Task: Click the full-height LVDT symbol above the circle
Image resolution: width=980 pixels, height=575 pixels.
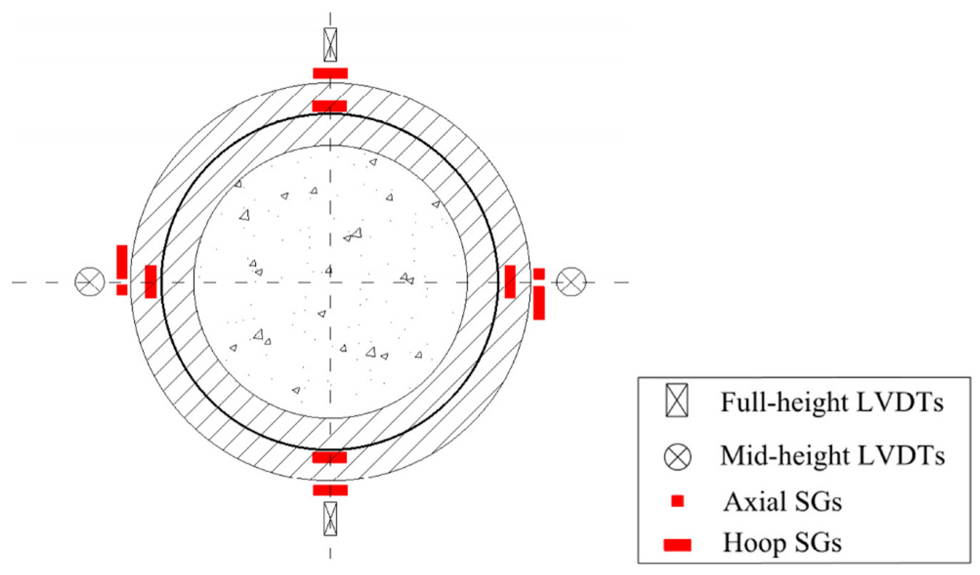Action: [x=330, y=45]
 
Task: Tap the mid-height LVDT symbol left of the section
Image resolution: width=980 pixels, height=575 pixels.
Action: [x=90, y=282]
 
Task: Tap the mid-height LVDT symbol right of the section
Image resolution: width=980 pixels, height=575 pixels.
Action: [x=571, y=282]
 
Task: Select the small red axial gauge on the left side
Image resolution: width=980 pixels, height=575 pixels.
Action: [x=122, y=290]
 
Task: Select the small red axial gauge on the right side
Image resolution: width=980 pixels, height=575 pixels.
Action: [x=539, y=274]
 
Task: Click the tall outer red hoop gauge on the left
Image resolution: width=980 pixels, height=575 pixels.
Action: [x=122, y=262]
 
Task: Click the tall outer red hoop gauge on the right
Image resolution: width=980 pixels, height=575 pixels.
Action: [x=539, y=303]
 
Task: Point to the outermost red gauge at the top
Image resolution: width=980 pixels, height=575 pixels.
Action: [x=330, y=73]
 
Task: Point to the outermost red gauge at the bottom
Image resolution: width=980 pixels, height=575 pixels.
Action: [x=330, y=490]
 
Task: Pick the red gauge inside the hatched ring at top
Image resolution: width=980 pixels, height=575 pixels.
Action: [x=330, y=106]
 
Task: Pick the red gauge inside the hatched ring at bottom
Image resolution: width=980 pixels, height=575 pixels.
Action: [x=330, y=457]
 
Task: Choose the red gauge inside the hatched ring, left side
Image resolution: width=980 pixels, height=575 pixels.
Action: [x=150, y=281]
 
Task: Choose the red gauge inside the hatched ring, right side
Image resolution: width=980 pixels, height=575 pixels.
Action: [x=510, y=281]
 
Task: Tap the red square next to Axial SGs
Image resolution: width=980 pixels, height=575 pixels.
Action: [x=677, y=501]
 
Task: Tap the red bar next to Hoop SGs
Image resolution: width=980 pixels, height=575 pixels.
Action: [x=677, y=545]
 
